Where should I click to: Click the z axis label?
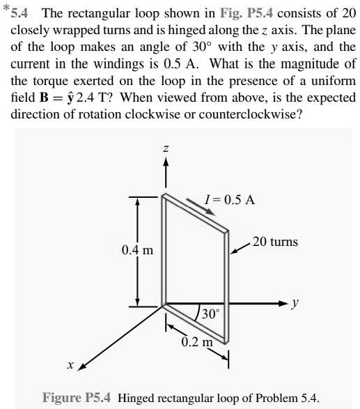(x=165, y=150)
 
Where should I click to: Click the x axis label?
(x=70, y=365)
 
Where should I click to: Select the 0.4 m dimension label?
(x=136, y=249)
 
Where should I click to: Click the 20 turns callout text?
(x=274, y=242)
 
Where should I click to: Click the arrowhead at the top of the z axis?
(x=165, y=163)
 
